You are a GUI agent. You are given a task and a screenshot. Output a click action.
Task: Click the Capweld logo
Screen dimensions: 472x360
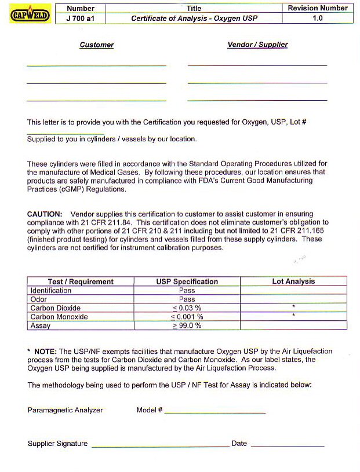[x=31, y=14]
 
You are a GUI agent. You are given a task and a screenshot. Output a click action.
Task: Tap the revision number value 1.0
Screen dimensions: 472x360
[x=318, y=19]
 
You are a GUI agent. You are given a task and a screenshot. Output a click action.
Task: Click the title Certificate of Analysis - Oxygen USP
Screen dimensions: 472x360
[x=194, y=19]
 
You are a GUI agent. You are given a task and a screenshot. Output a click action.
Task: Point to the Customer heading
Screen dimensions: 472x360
[x=97, y=45]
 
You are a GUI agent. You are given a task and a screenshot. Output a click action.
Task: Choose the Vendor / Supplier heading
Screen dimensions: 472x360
[x=257, y=45]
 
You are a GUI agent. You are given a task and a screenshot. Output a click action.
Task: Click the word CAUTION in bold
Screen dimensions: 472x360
[x=45, y=214]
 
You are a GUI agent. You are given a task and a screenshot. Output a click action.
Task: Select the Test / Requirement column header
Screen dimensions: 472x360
[x=81, y=281]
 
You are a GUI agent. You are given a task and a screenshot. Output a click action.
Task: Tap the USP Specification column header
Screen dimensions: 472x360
[x=187, y=281]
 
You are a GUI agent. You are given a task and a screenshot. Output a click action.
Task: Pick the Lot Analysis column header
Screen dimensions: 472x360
[x=293, y=281]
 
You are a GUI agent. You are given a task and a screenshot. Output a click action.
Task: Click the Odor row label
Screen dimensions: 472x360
[x=39, y=299]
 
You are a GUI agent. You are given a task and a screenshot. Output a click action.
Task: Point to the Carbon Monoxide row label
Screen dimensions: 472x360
[x=59, y=317]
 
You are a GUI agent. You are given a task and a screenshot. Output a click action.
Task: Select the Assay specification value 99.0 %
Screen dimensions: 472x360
[x=187, y=326]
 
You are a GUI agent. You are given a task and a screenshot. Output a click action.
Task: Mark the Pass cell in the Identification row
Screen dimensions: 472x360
[x=187, y=291]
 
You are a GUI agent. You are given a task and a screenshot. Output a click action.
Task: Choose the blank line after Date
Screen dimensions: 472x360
[x=287, y=445]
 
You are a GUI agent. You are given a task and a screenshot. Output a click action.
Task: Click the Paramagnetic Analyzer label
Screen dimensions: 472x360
[x=65, y=410]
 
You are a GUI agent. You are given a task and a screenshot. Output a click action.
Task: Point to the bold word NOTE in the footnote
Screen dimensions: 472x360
[x=45, y=352]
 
